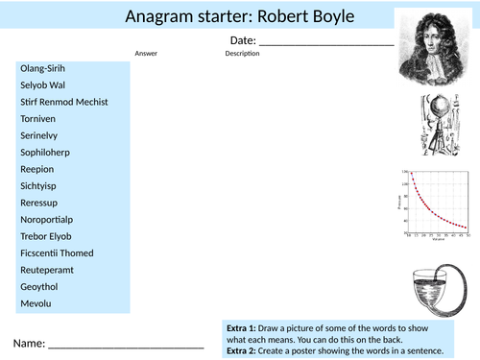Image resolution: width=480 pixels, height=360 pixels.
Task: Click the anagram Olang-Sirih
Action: (43, 68)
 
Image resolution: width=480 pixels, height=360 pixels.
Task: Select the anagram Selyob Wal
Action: (42, 84)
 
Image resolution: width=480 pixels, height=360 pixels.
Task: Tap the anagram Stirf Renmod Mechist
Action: (63, 102)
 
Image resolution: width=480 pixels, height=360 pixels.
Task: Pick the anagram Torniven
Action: (39, 118)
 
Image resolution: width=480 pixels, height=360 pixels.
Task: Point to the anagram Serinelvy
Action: (42, 135)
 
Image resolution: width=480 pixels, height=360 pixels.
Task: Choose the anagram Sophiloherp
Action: (45, 152)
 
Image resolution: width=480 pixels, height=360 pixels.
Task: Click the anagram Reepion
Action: (37, 169)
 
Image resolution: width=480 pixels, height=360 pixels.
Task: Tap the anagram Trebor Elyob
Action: (45, 236)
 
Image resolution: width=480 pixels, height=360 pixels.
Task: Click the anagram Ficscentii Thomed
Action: (59, 253)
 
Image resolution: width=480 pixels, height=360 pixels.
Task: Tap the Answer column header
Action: (146, 54)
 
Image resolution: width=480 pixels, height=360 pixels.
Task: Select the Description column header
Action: (242, 54)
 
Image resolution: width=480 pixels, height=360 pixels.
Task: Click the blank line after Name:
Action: (126, 344)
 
